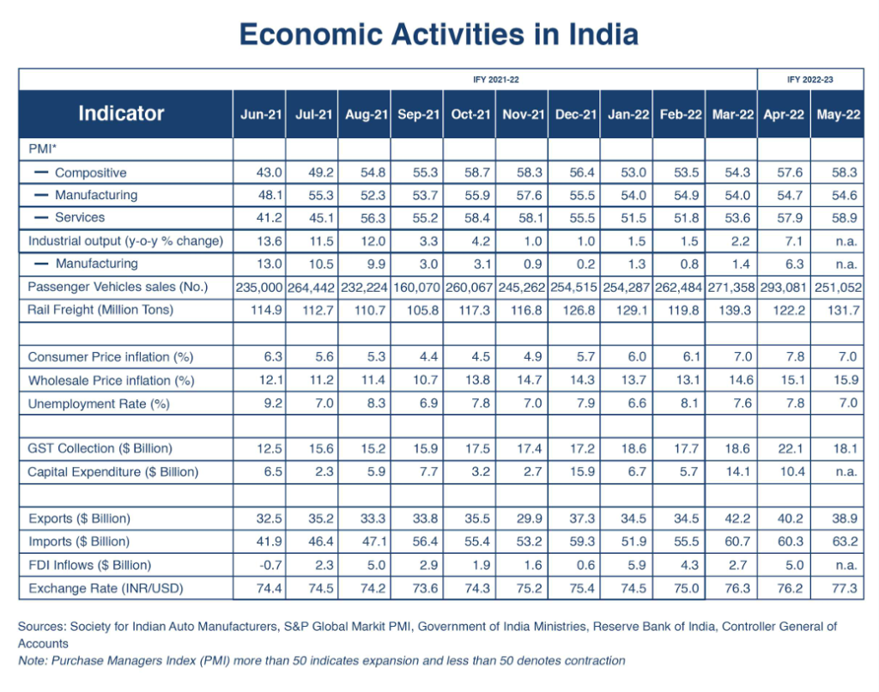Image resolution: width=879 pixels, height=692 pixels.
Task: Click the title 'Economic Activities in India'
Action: click(x=439, y=34)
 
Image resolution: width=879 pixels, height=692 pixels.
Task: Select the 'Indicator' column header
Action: click(x=121, y=113)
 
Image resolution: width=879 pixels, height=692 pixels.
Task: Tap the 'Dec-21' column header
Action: click(x=575, y=114)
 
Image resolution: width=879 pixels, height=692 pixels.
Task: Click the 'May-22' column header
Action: click(x=837, y=114)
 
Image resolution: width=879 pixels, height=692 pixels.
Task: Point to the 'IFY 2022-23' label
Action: click(x=809, y=79)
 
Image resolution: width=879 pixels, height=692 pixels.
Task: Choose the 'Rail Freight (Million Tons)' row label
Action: click(x=100, y=309)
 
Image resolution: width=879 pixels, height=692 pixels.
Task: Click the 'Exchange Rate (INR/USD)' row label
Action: click(x=106, y=588)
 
